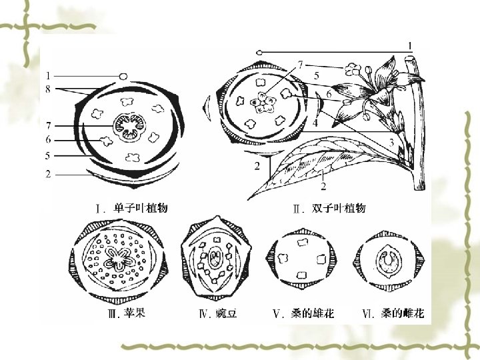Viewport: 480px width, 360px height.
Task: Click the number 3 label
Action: tap(391, 142)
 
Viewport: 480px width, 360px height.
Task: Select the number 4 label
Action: tap(315, 123)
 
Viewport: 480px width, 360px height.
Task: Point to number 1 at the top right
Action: tap(411, 45)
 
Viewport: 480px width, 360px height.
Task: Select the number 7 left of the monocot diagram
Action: tap(49, 125)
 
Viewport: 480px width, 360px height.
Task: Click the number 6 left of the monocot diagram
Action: tap(49, 140)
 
